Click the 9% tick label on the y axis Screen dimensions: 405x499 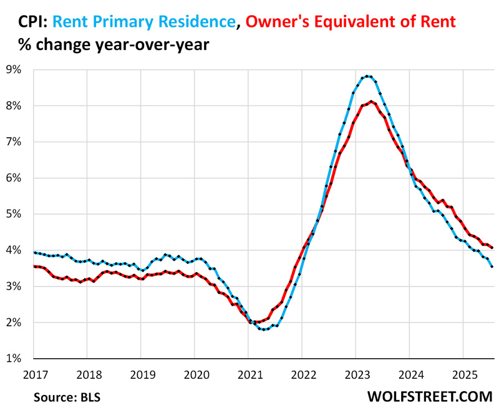pos(14,70)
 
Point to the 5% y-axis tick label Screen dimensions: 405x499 pos(14,214)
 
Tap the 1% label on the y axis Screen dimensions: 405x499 pos(14,358)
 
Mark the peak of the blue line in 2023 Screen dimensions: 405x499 pos(368,76)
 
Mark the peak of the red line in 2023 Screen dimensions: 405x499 pos(372,101)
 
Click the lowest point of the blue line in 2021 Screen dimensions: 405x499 pos(265,329)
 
